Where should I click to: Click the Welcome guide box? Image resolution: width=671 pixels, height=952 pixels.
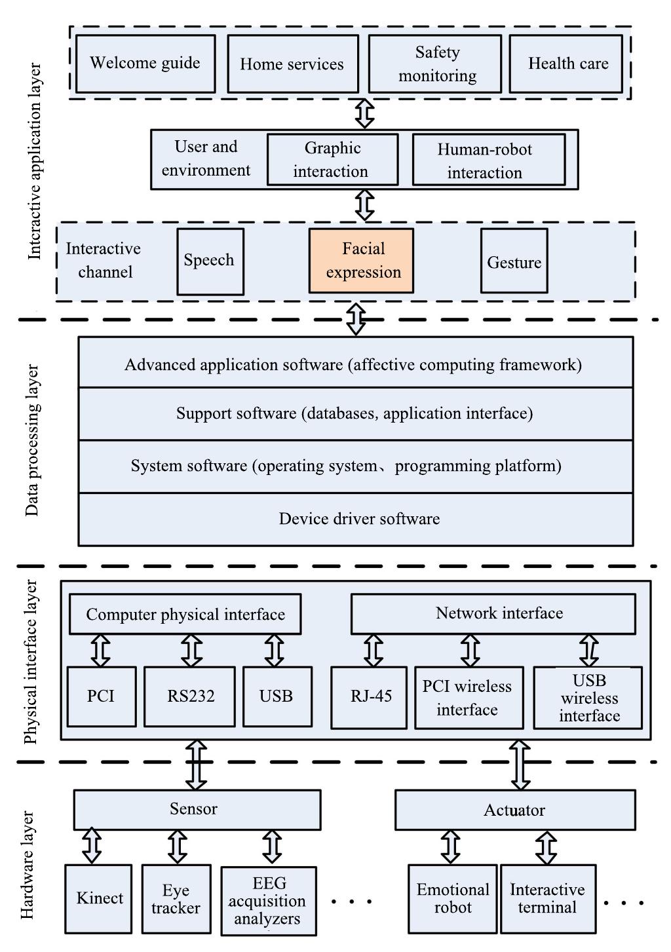[x=145, y=64]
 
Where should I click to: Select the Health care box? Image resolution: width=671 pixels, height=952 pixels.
[x=566, y=64]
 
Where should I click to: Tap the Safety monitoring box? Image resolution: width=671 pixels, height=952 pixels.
[x=435, y=64]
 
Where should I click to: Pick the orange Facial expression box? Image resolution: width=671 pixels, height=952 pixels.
[x=362, y=261]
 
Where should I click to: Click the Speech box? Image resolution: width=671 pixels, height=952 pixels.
[x=210, y=261]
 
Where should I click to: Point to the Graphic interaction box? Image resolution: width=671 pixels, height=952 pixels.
[x=332, y=160]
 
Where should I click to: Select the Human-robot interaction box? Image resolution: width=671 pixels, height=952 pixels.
[x=488, y=160]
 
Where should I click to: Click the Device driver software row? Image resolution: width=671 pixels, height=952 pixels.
[x=356, y=519]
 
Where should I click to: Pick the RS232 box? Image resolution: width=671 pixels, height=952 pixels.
[x=189, y=696]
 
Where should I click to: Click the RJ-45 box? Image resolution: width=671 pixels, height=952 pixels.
[x=369, y=696]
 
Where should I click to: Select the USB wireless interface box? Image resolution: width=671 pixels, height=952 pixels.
[x=588, y=698]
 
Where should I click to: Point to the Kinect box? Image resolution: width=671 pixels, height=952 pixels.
[x=98, y=899]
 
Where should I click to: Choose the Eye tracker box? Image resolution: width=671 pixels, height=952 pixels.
[x=176, y=899]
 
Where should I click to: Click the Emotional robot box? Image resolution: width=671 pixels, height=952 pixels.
[x=452, y=899]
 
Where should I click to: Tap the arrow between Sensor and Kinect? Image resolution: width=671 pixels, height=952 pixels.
[x=92, y=847]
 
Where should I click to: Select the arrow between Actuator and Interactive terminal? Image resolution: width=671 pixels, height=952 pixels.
[x=546, y=847]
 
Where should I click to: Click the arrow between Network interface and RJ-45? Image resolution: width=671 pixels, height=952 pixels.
[x=373, y=651]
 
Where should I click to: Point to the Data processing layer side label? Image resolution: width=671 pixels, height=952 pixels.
[x=32, y=441]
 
